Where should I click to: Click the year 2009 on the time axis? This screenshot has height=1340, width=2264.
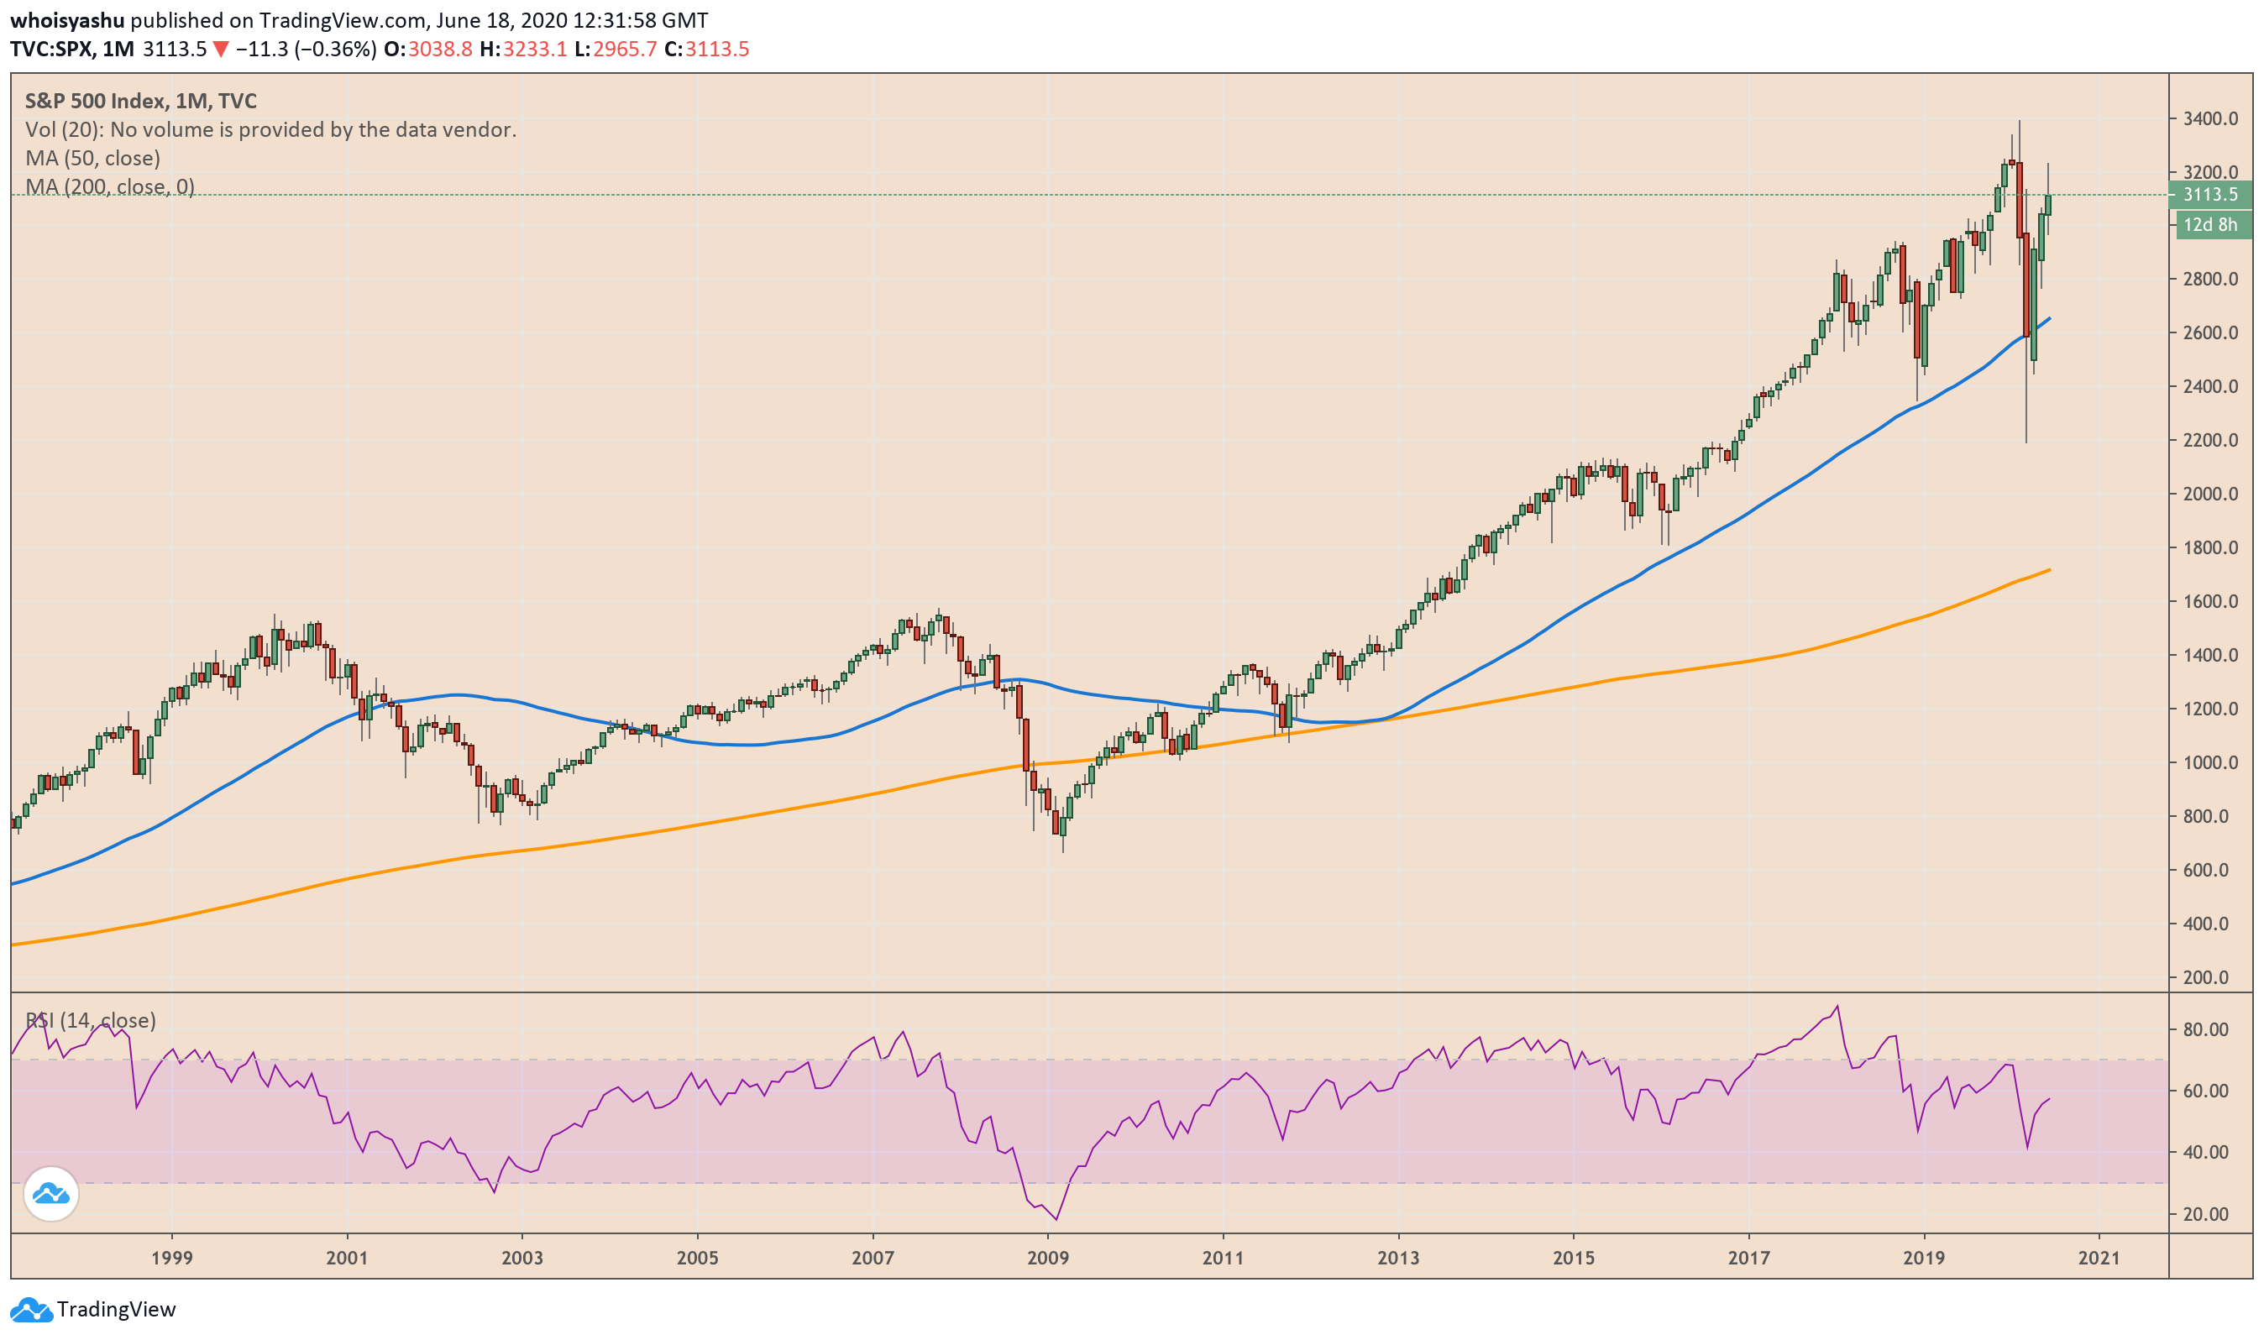pos(1047,1258)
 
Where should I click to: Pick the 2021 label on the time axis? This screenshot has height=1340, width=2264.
pos(2098,1258)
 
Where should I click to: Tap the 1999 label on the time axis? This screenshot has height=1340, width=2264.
pos(171,1258)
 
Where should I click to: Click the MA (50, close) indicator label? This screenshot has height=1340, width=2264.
pos(93,158)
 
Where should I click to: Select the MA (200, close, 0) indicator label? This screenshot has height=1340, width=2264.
pos(110,187)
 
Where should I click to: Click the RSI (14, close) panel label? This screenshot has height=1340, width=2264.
pos(91,1020)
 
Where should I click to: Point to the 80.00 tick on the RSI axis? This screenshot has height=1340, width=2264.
pos(2205,1029)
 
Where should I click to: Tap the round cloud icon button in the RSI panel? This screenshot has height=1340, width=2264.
pos(51,1195)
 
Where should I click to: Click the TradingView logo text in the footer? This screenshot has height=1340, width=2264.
pos(116,1309)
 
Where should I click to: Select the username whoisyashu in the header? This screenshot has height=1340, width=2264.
pos(68,20)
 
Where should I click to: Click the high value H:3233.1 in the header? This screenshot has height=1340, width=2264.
pos(524,49)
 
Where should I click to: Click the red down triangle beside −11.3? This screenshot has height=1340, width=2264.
pos(220,49)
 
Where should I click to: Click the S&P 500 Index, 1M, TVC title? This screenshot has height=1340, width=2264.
pos(141,101)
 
